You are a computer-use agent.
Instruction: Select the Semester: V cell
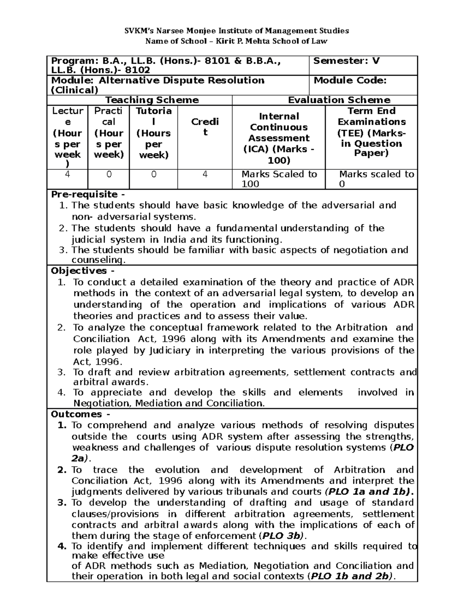click(x=346, y=61)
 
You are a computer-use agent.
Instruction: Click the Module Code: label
click(x=350, y=80)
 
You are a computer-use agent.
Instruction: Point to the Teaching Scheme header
click(x=152, y=100)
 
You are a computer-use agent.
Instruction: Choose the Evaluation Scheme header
click(x=339, y=100)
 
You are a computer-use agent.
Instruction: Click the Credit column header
click(x=205, y=127)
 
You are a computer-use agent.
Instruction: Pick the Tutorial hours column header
click(x=154, y=133)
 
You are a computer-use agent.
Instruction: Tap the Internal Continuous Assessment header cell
click(x=279, y=138)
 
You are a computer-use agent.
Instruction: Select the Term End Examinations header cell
click(x=371, y=133)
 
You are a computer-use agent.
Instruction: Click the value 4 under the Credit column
click(x=205, y=175)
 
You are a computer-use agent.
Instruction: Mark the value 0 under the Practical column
click(x=109, y=175)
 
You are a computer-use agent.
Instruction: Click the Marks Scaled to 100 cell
click(x=279, y=179)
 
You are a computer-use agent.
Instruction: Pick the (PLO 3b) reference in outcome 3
click(x=282, y=536)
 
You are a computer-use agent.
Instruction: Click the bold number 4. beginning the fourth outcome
click(x=62, y=546)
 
